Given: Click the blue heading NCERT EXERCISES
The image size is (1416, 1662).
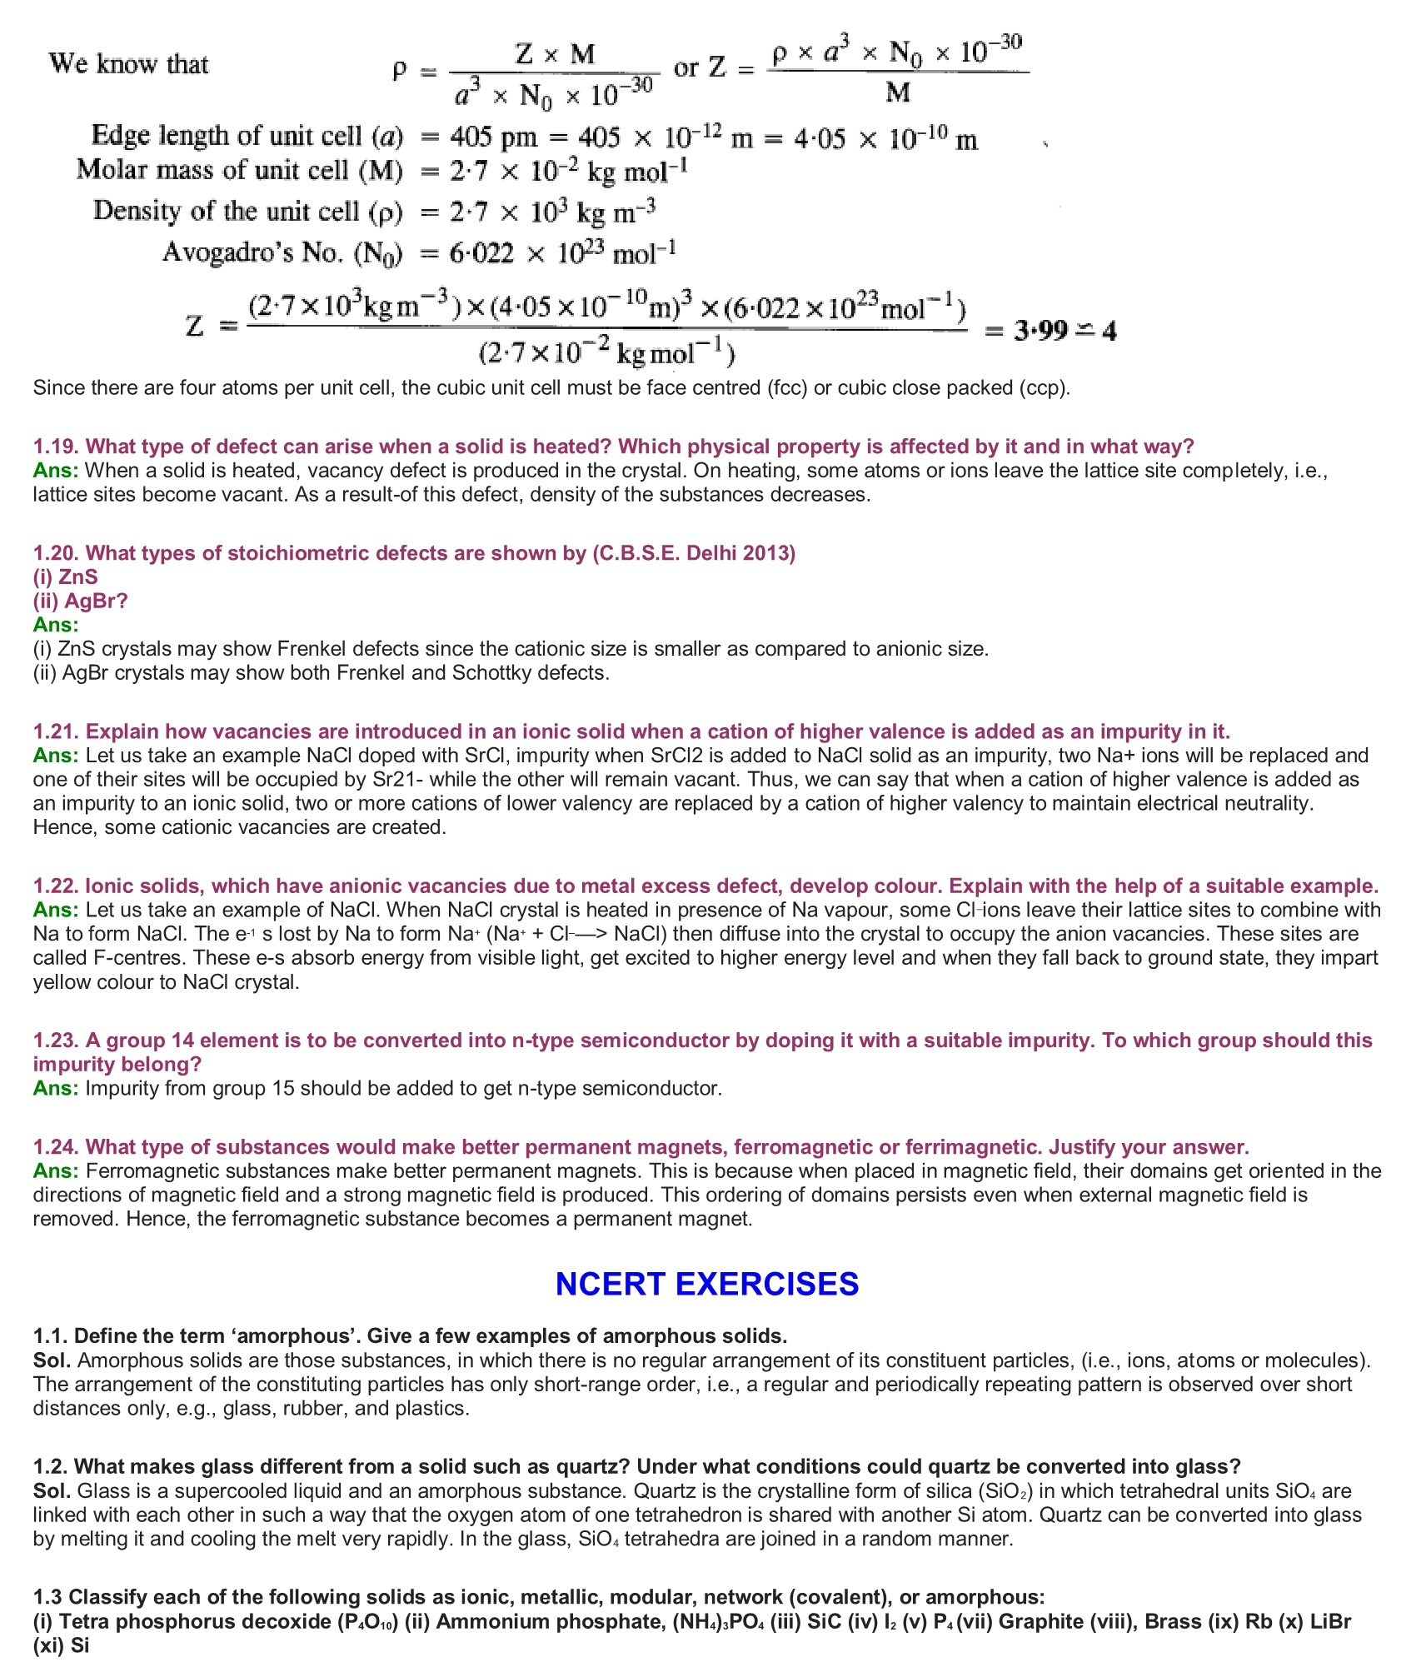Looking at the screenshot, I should click(x=706, y=1284).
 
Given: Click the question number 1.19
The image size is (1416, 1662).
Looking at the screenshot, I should click(x=56, y=447).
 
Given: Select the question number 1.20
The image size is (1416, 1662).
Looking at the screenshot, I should click(x=56, y=553).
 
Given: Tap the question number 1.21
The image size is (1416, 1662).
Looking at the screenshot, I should click(x=56, y=731).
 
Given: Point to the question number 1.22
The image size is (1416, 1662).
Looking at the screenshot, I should click(x=56, y=886).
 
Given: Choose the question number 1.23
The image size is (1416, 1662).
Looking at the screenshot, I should click(x=56, y=1041).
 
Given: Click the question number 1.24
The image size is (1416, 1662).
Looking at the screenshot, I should click(x=56, y=1147).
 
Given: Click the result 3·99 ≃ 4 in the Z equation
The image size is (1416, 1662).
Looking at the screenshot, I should click(x=1064, y=331).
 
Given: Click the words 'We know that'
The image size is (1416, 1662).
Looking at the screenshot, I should click(x=128, y=64).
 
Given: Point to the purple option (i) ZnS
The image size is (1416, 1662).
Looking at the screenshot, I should click(x=65, y=577).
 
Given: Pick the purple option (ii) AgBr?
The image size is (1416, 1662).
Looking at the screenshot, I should click(x=80, y=601).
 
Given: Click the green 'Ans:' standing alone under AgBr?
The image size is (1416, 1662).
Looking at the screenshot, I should click(x=56, y=625).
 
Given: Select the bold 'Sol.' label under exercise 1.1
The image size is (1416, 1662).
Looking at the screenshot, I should click(x=53, y=1360).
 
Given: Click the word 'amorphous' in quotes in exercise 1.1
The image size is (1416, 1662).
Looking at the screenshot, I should click(x=285, y=1336).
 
